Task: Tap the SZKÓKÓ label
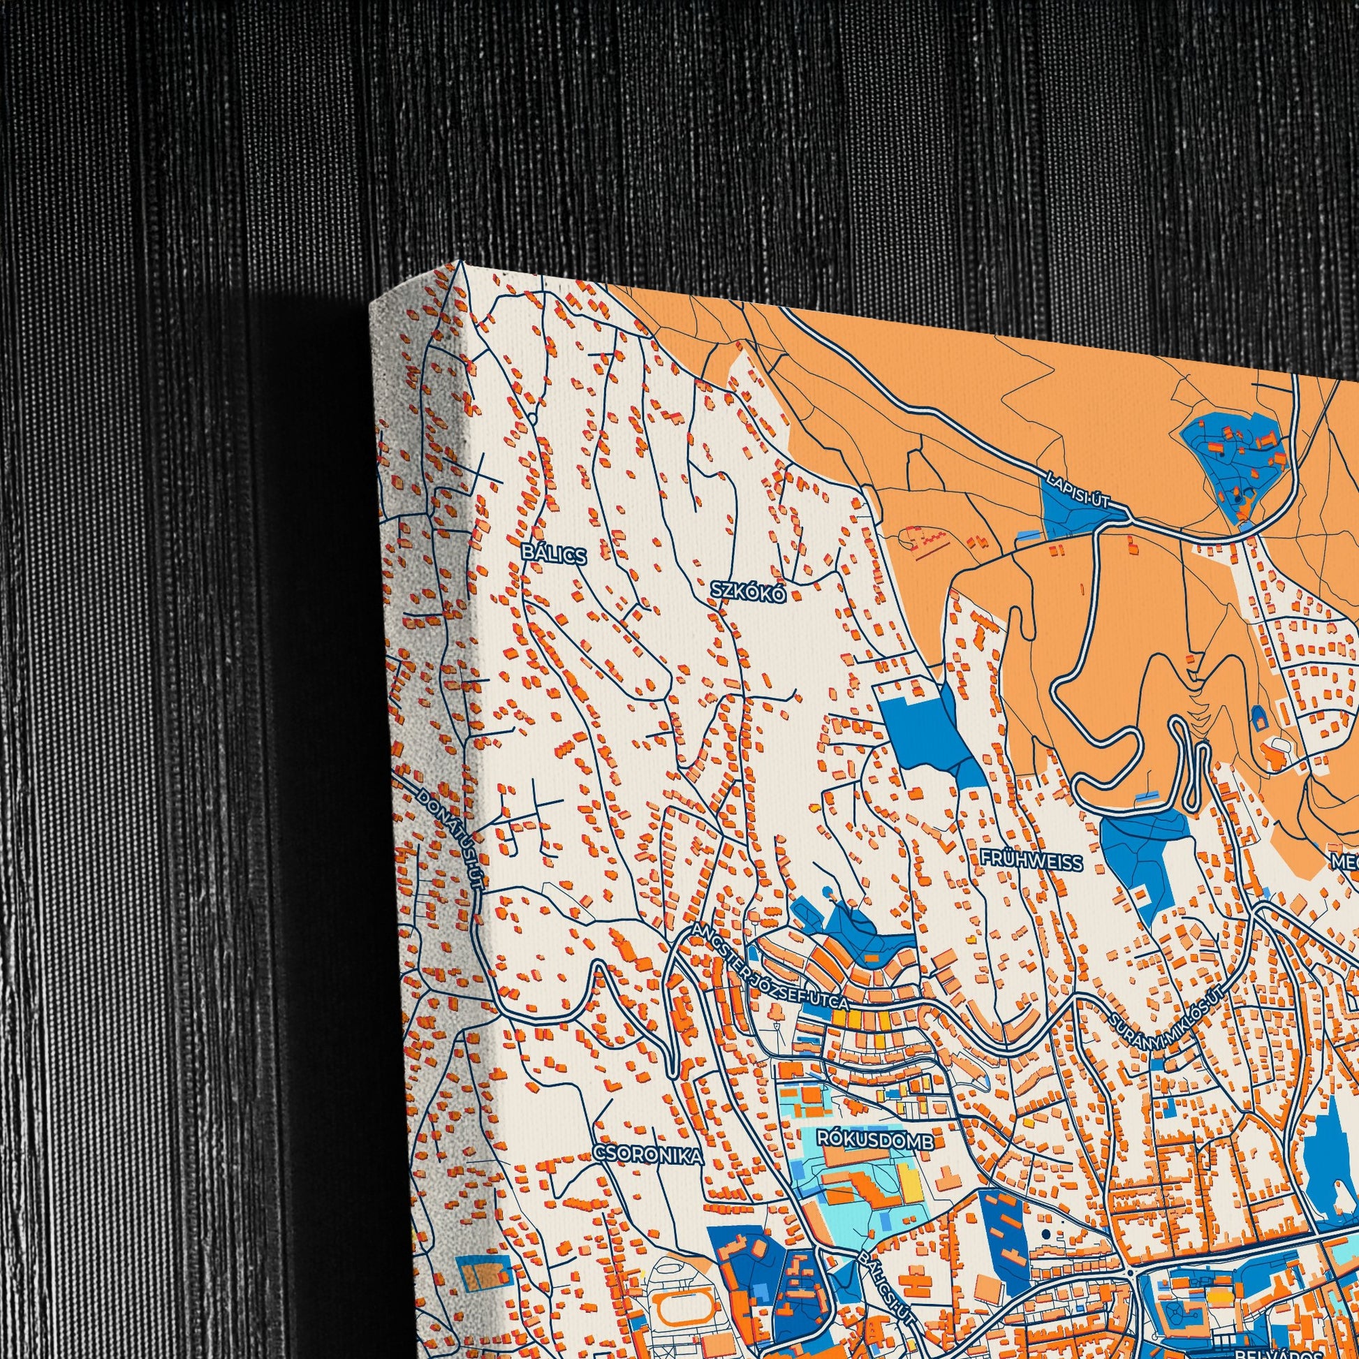[747, 592]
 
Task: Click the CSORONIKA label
[648, 1154]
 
